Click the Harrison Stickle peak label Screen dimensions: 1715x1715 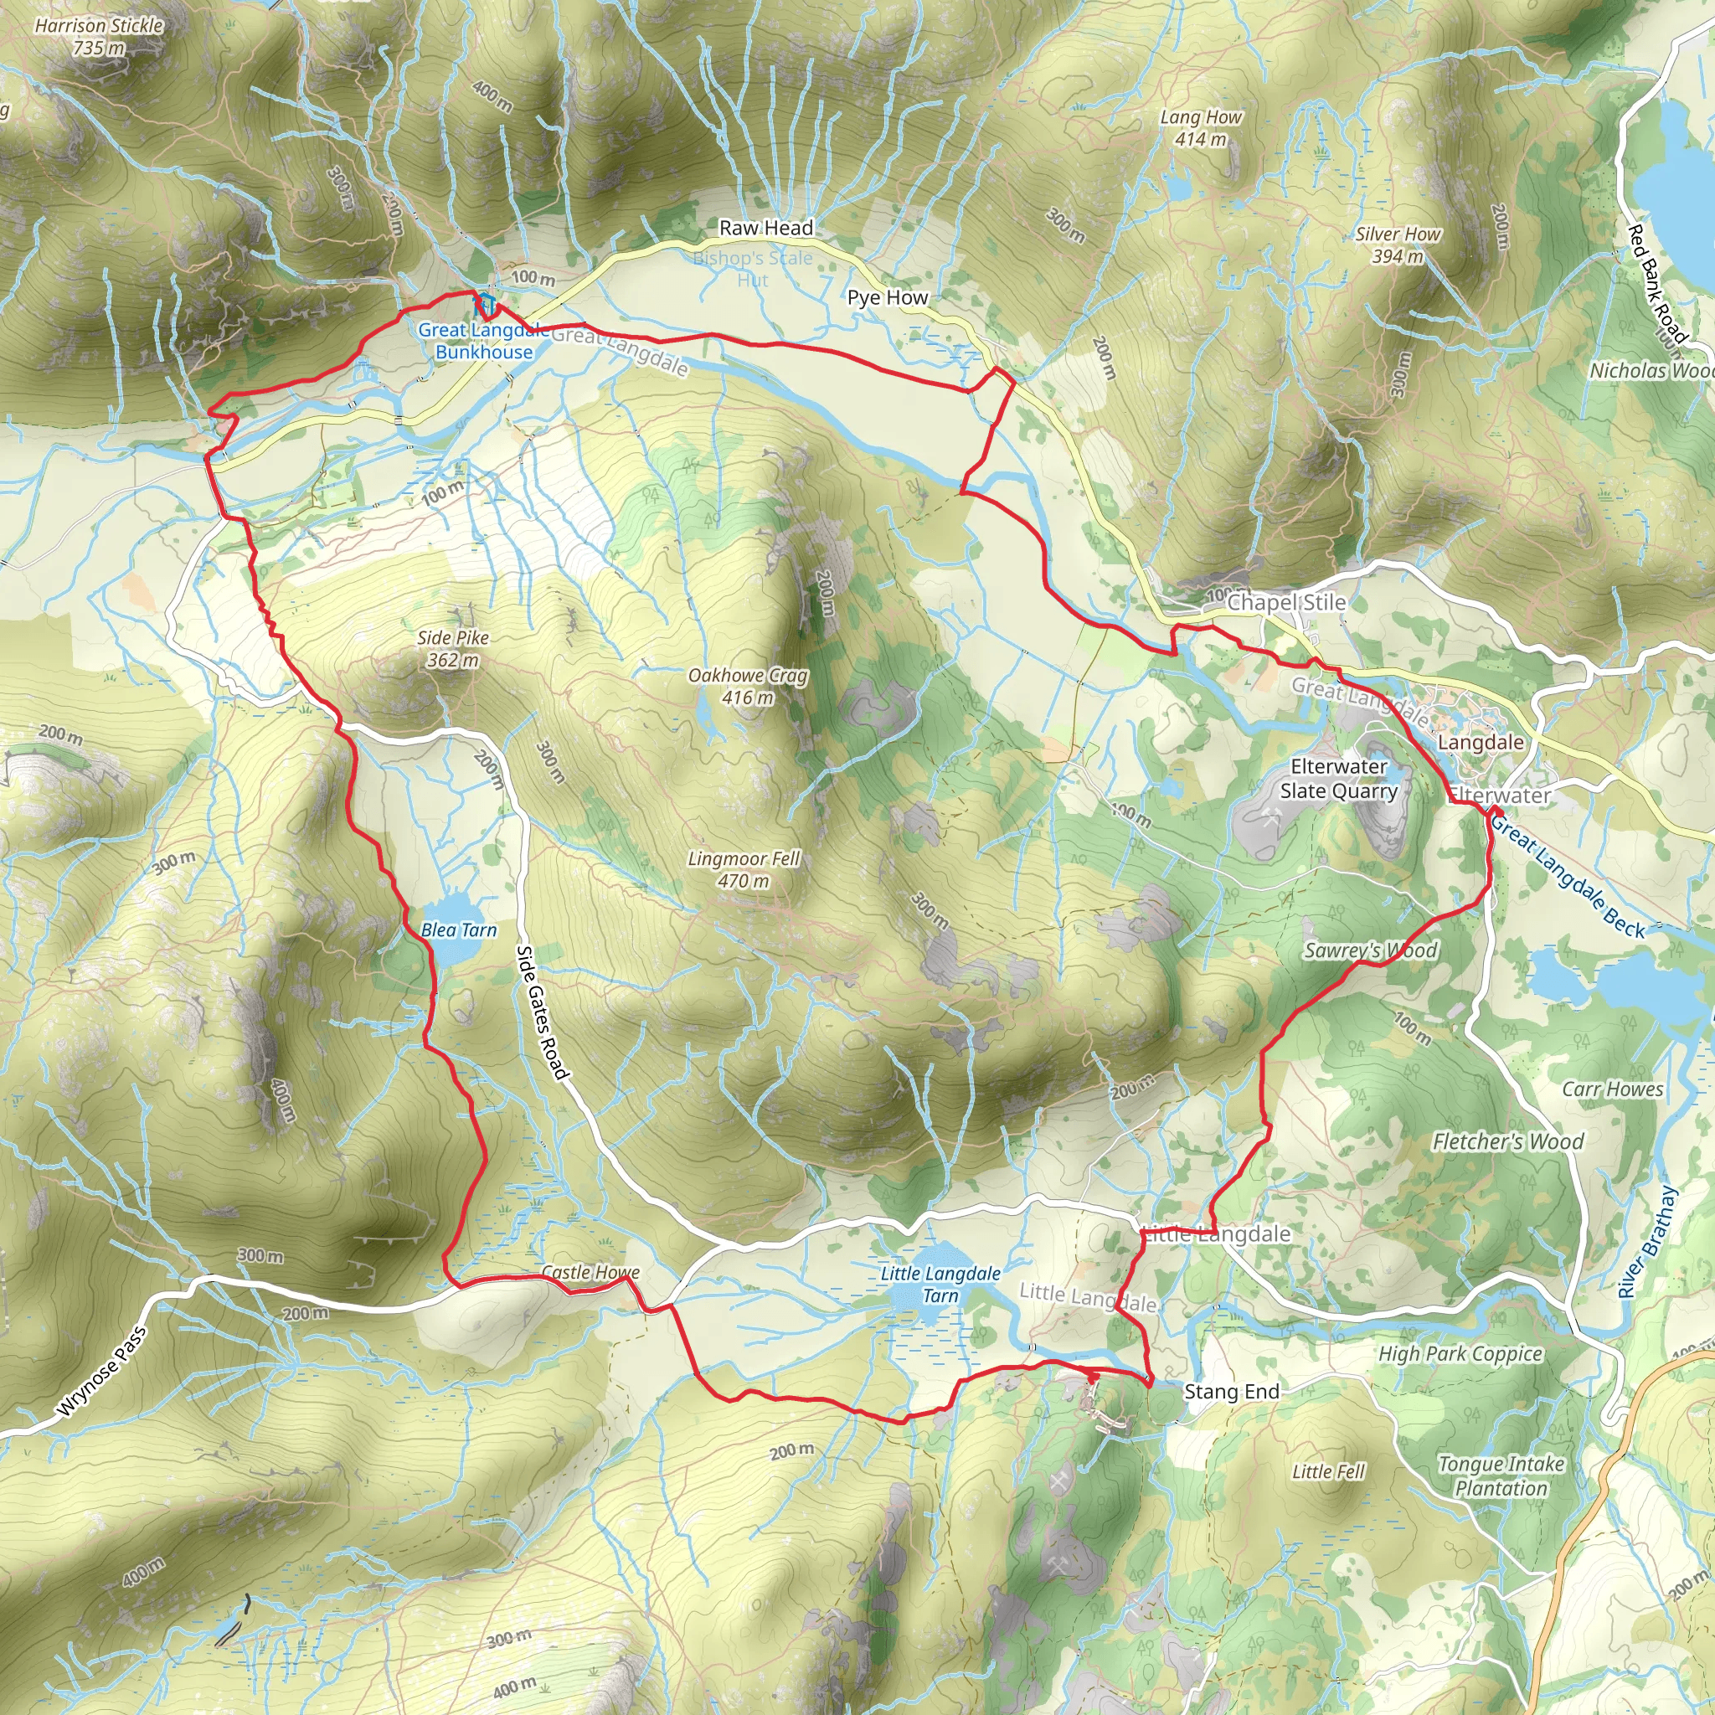coord(99,36)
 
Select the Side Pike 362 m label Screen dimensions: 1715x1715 coord(453,649)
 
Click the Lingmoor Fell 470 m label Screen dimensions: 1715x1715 coord(744,870)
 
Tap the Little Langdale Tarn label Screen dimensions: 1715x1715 coord(940,1285)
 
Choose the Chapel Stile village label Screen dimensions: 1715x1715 coord(1286,603)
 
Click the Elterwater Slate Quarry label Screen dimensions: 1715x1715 coord(1339,779)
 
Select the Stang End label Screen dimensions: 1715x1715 coord(1231,1392)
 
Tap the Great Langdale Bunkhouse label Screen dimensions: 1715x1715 coord(484,341)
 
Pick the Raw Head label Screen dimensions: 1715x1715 coord(765,228)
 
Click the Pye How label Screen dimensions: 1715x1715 coord(888,297)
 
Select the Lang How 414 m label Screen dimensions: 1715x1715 coord(1201,128)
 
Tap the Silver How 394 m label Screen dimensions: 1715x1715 coord(1398,245)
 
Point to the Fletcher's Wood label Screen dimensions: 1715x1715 coord(1508,1141)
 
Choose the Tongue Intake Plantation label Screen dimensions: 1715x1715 coord(1501,1476)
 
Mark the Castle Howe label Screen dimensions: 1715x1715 coord(590,1272)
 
